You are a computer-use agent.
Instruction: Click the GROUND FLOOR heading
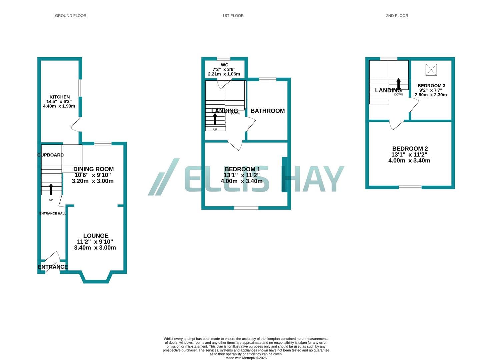point(71,16)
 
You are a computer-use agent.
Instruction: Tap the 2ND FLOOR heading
point(397,16)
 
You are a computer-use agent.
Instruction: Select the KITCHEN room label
point(60,97)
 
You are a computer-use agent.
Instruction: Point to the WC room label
point(224,65)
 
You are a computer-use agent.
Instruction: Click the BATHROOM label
point(268,111)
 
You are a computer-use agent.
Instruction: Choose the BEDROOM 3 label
point(431,85)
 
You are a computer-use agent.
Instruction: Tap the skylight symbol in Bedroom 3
point(431,70)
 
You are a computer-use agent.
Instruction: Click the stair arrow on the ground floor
point(51,189)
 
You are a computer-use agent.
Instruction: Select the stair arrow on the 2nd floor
point(398,83)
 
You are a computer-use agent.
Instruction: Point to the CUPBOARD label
point(51,155)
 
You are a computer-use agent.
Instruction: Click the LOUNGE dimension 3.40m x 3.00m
point(95,248)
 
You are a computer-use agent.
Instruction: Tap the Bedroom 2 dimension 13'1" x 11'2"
point(409,154)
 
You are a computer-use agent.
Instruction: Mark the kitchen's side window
point(80,88)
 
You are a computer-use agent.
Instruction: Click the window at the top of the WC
point(224,59)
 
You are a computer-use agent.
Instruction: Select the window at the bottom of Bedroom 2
point(410,187)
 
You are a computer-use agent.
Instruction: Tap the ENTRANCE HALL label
point(53,213)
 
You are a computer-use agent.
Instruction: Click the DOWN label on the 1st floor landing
point(235,114)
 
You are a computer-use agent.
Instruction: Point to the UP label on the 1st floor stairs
point(215,129)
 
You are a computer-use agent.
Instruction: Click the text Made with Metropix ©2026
point(246,358)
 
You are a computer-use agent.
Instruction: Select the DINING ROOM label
point(94,169)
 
